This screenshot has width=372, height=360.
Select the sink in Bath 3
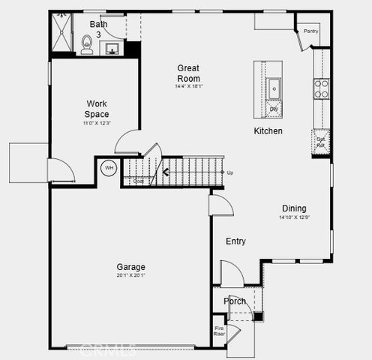point(112,49)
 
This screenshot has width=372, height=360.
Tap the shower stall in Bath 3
point(62,33)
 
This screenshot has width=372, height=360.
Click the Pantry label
point(310,31)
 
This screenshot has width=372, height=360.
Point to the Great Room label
point(188,73)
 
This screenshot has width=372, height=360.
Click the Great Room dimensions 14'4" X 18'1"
point(188,86)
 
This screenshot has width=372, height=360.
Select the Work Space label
point(97,109)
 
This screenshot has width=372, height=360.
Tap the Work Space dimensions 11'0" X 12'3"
point(97,122)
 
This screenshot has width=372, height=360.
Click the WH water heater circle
point(109,167)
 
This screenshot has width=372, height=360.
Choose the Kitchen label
point(268,131)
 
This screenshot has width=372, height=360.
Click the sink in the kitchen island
point(274,87)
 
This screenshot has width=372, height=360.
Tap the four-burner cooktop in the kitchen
point(321,89)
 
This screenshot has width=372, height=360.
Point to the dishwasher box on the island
point(274,109)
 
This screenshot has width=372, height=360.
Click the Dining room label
point(294,208)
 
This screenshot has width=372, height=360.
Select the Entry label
point(235,241)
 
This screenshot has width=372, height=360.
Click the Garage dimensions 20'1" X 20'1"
point(130,275)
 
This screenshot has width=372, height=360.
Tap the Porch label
point(235,301)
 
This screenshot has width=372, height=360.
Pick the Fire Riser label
point(220,331)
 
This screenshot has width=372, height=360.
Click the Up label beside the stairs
point(229,172)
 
